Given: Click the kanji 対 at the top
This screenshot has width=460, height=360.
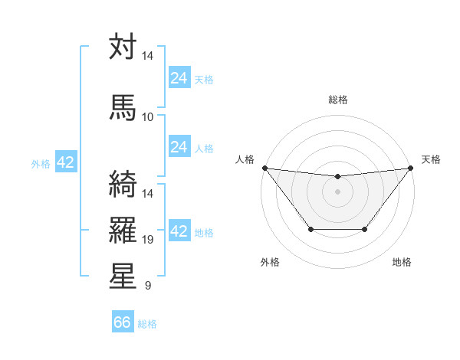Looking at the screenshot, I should point(123,47).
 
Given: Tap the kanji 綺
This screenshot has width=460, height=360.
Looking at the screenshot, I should point(123,184).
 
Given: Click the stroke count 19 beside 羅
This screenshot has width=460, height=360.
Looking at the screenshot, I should point(148,240).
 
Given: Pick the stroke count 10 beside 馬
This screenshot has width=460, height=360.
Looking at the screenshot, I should point(148,116).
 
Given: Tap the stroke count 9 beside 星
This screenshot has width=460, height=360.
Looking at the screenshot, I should point(148,286).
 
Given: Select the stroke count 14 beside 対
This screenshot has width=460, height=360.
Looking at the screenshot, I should point(148,57).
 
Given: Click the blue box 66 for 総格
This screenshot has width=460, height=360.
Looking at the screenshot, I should point(123,322).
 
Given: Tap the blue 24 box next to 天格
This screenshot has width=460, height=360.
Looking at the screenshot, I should point(179,78).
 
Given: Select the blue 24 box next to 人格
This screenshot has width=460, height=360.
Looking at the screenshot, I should point(179,147).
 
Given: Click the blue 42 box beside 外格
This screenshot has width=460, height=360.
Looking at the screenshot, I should point(65,162).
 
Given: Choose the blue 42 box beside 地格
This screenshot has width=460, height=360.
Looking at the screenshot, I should point(179,231).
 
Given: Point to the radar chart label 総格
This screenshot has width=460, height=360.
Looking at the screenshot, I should point(338,100).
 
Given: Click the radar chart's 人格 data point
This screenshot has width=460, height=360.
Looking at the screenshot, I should point(264,168).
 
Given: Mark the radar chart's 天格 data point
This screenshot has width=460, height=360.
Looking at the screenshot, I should point(411,168).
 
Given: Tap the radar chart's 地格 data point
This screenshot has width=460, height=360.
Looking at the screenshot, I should point(365,229).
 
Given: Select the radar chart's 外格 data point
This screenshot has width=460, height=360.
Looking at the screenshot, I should point(310,229).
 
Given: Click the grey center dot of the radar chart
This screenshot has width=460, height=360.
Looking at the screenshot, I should point(337,191).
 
